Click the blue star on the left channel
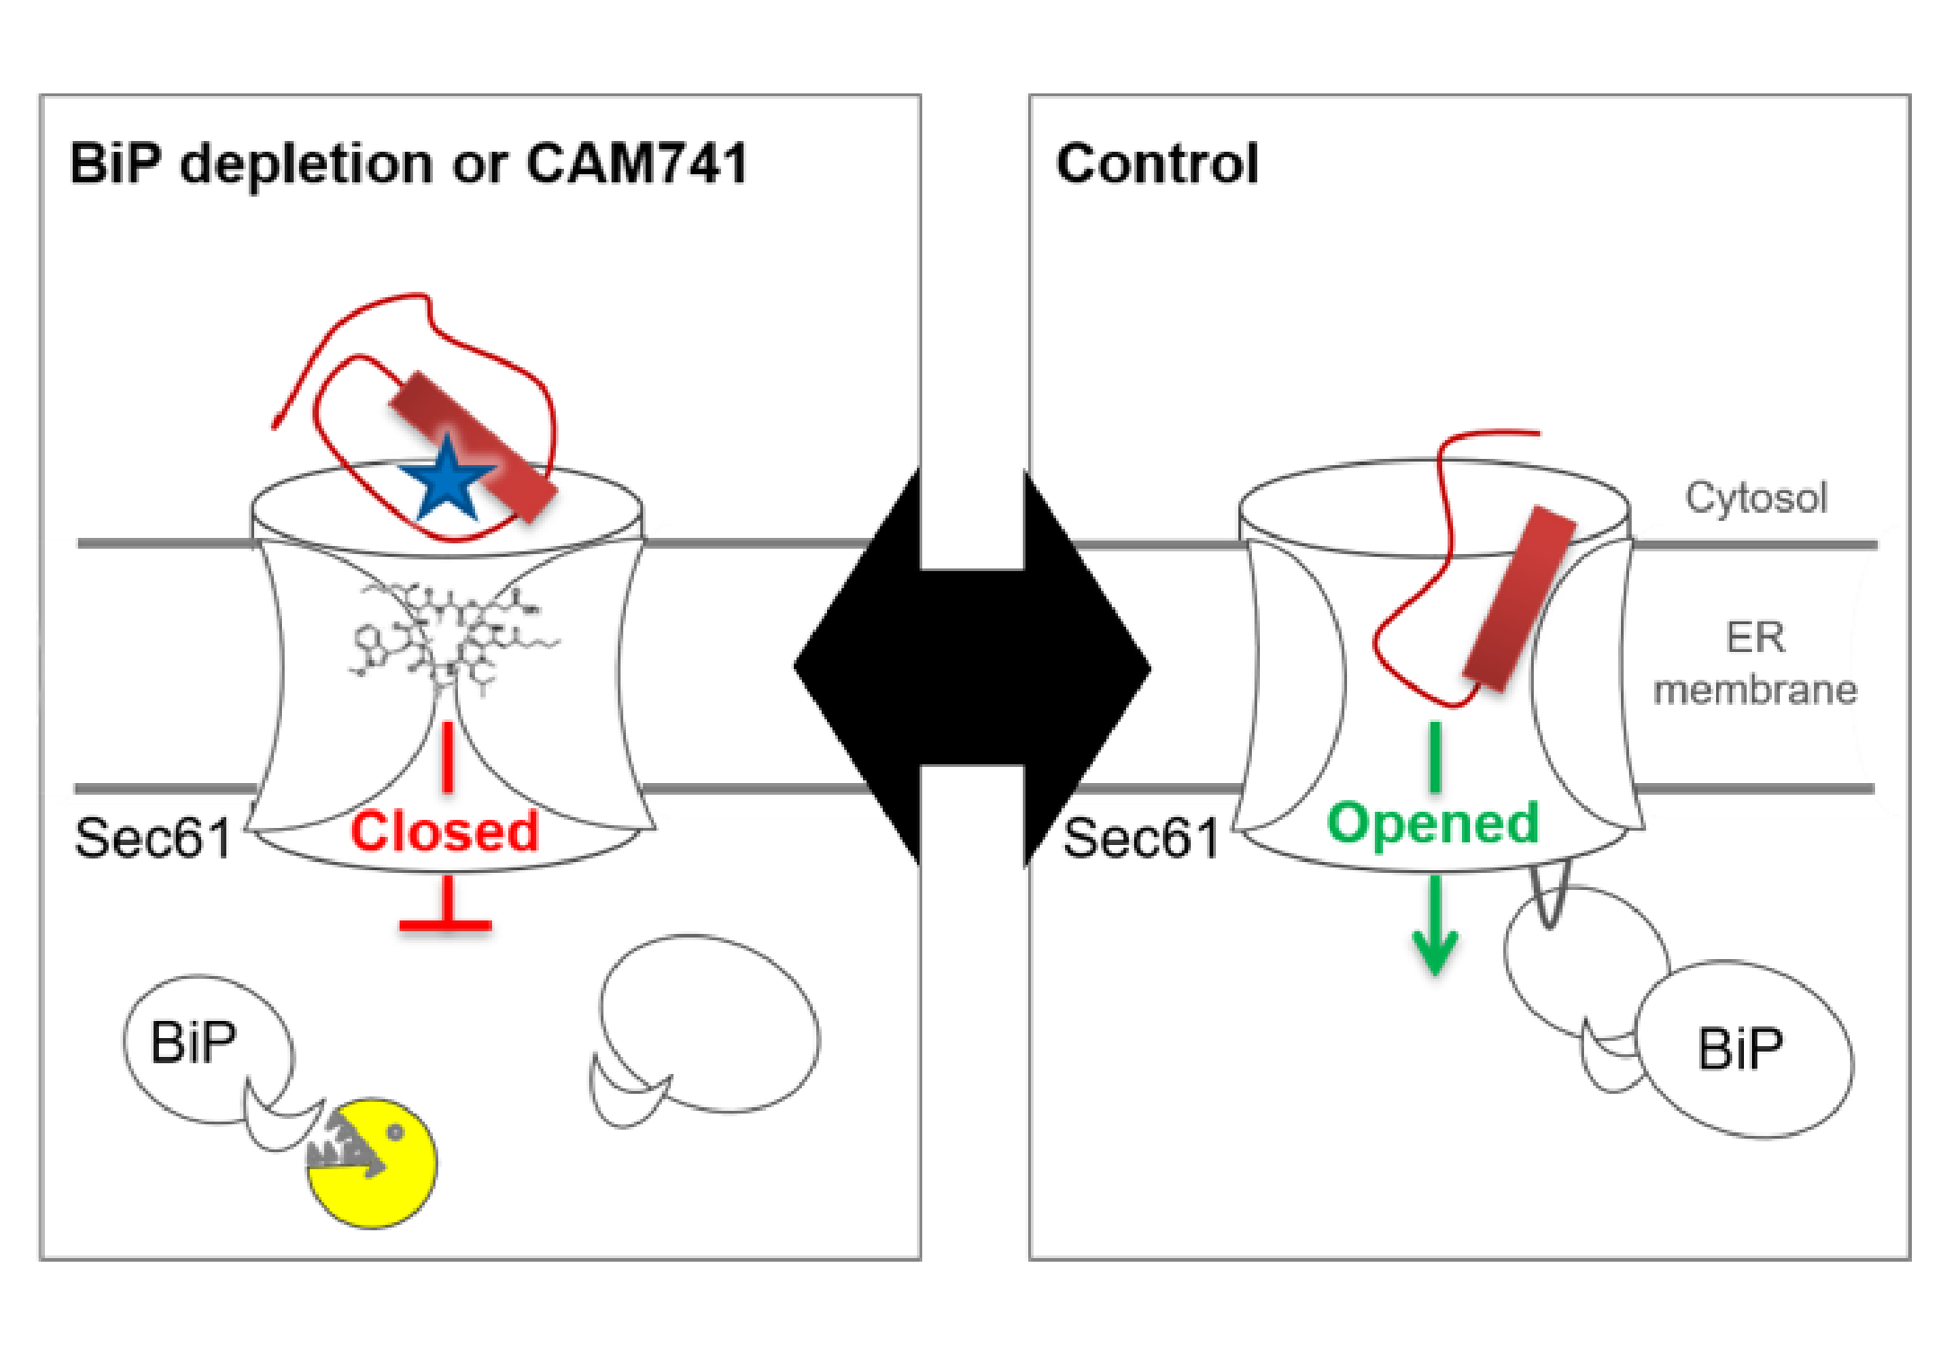pos(446,481)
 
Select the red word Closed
pos(445,831)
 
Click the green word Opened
pos(1433,823)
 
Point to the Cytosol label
pos(1756,497)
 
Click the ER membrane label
pos(1756,665)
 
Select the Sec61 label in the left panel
pos(153,838)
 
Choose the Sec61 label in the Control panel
pos(1140,838)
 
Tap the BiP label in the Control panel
pos(1739,1048)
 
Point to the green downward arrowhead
pos(1435,952)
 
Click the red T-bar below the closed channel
pos(445,923)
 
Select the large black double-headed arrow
pos(973,666)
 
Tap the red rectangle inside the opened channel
pos(1519,600)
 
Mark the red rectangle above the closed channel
pos(473,446)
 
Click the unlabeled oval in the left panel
pos(709,1024)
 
